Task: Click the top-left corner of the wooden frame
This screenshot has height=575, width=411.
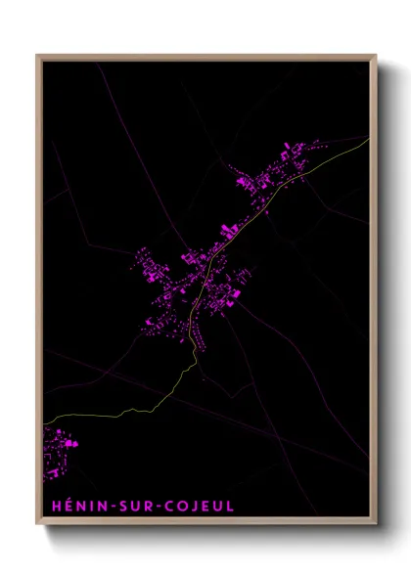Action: (x=37, y=56)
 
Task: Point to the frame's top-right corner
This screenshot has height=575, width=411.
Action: (x=377, y=56)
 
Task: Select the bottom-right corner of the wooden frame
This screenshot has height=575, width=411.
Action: (x=377, y=524)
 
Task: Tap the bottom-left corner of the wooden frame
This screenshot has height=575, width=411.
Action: (x=37, y=524)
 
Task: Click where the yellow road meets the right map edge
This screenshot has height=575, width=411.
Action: (x=370, y=139)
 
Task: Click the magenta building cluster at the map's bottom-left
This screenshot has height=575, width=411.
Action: (x=59, y=451)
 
